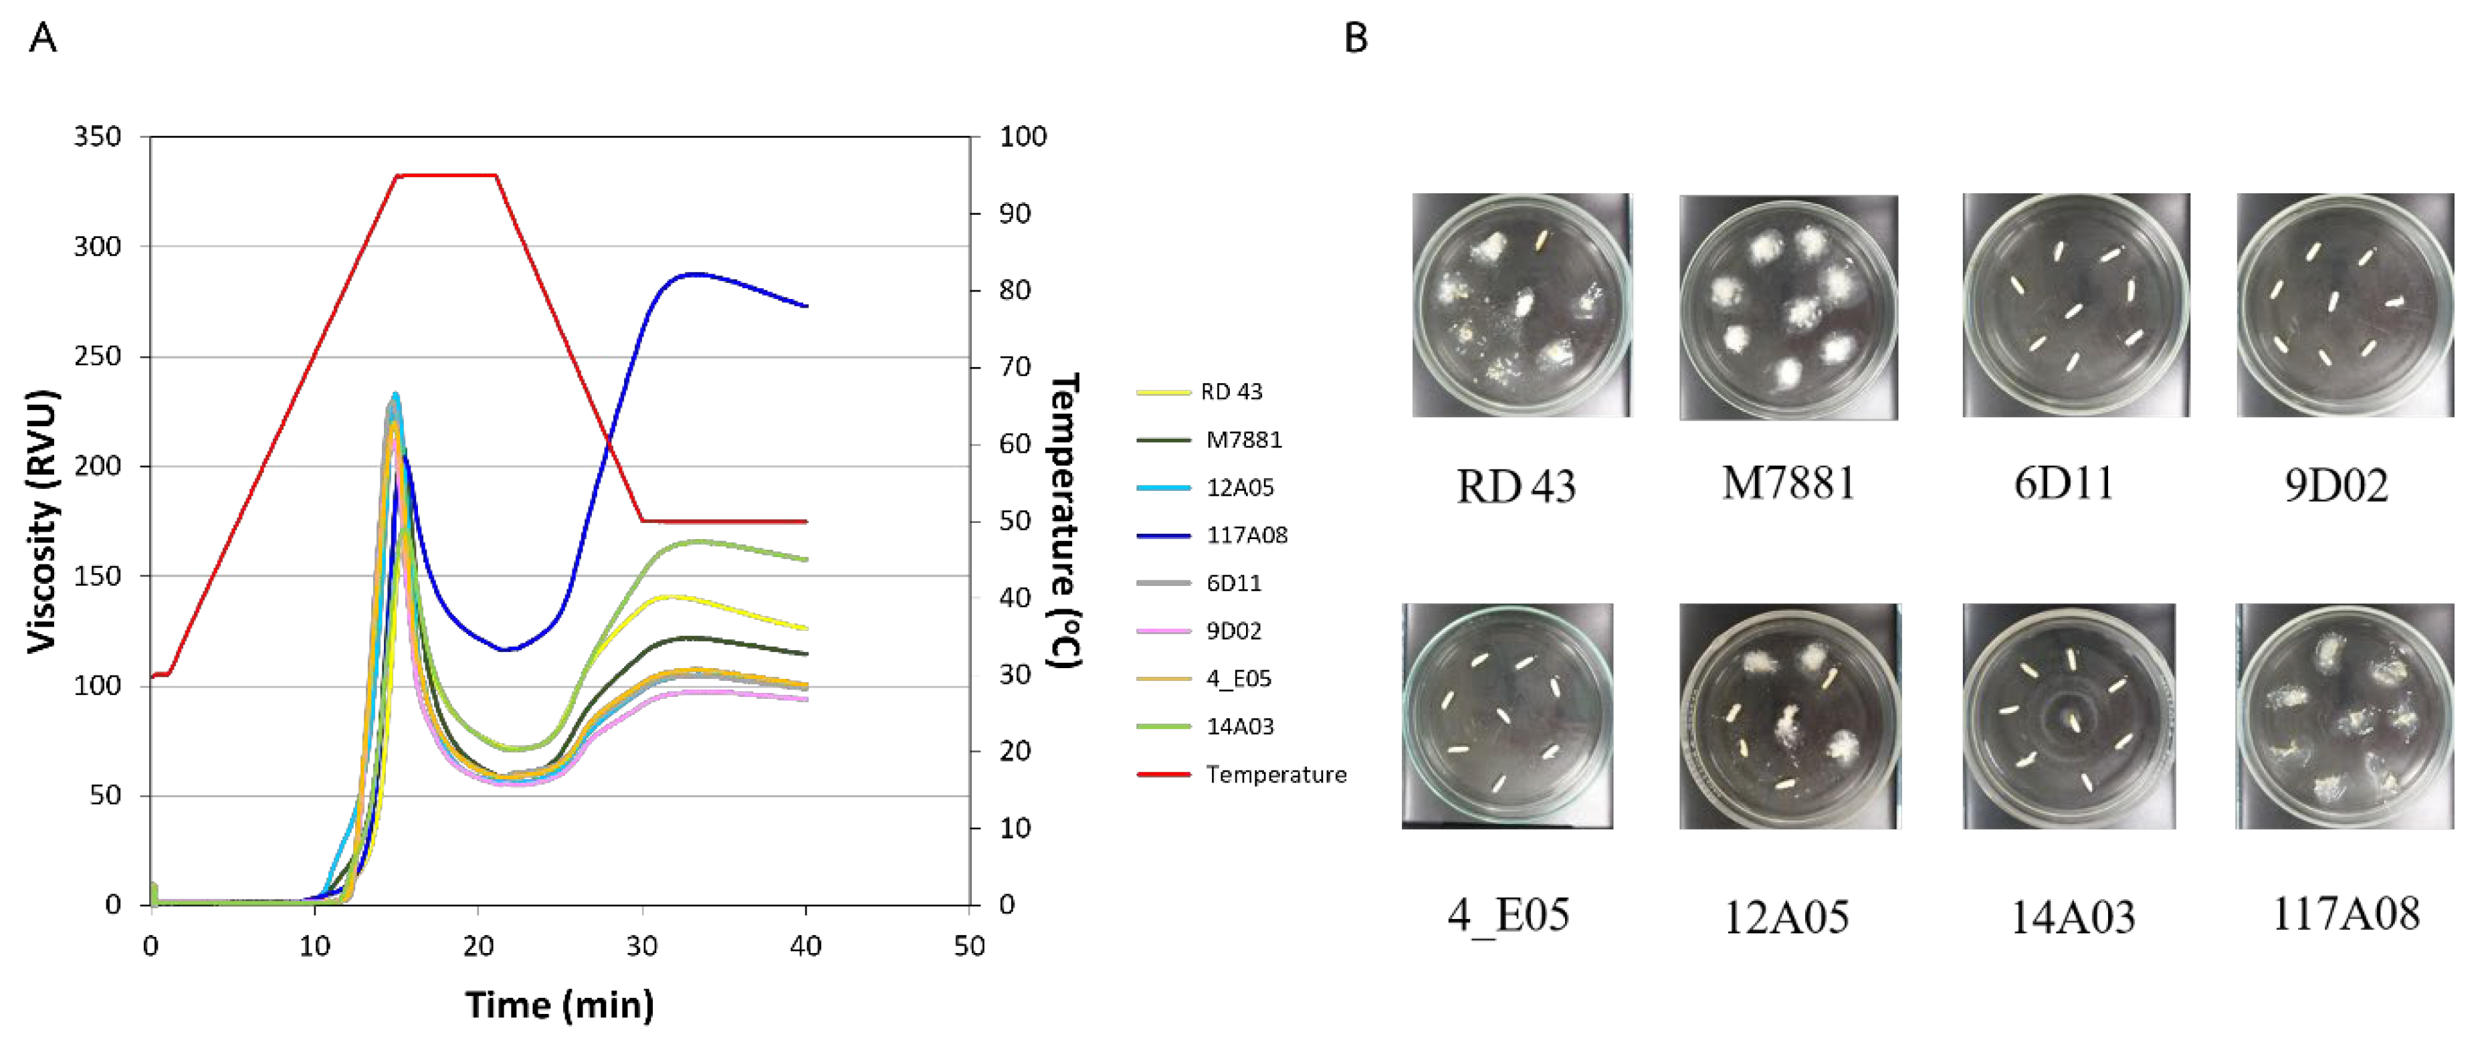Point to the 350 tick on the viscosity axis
[98, 136]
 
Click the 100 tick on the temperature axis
[1022, 136]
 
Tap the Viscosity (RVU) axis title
[43, 521]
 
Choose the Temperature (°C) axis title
[1064, 521]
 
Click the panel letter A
[43, 39]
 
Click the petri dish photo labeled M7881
[1788, 308]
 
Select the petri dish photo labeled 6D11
[2075, 306]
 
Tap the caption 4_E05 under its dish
[1508, 914]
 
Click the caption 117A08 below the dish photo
[2345, 914]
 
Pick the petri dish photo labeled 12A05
[1789, 716]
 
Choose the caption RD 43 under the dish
[1516, 486]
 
